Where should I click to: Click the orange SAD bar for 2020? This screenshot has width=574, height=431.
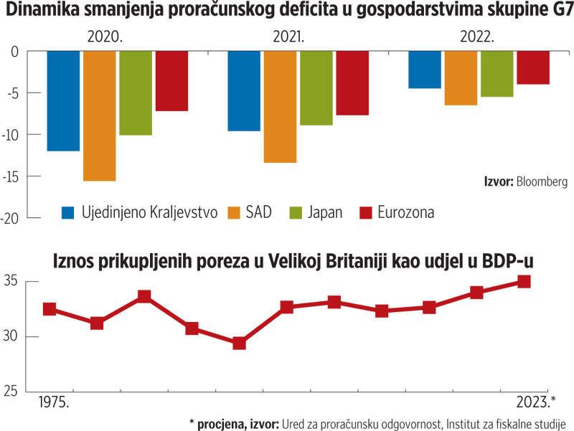point(99,115)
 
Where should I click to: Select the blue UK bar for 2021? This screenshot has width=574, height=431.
point(244,90)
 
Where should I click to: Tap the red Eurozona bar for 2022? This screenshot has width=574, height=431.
point(533,67)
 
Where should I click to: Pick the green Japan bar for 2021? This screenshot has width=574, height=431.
point(316,87)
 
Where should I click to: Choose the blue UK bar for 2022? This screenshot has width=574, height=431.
point(425,70)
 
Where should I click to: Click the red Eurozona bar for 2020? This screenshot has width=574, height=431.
point(171,80)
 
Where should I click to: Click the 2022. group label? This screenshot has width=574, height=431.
point(478,37)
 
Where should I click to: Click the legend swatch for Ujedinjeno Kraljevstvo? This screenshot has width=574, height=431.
point(69,212)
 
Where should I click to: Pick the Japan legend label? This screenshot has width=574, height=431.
point(327,212)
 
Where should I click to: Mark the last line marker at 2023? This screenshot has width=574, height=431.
point(524,282)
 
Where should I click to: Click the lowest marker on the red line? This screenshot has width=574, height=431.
point(240,344)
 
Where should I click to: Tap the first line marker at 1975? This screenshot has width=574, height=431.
point(50,309)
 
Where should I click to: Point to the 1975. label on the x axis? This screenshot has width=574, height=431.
point(53,402)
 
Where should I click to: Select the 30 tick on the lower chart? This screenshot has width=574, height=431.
point(13,336)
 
